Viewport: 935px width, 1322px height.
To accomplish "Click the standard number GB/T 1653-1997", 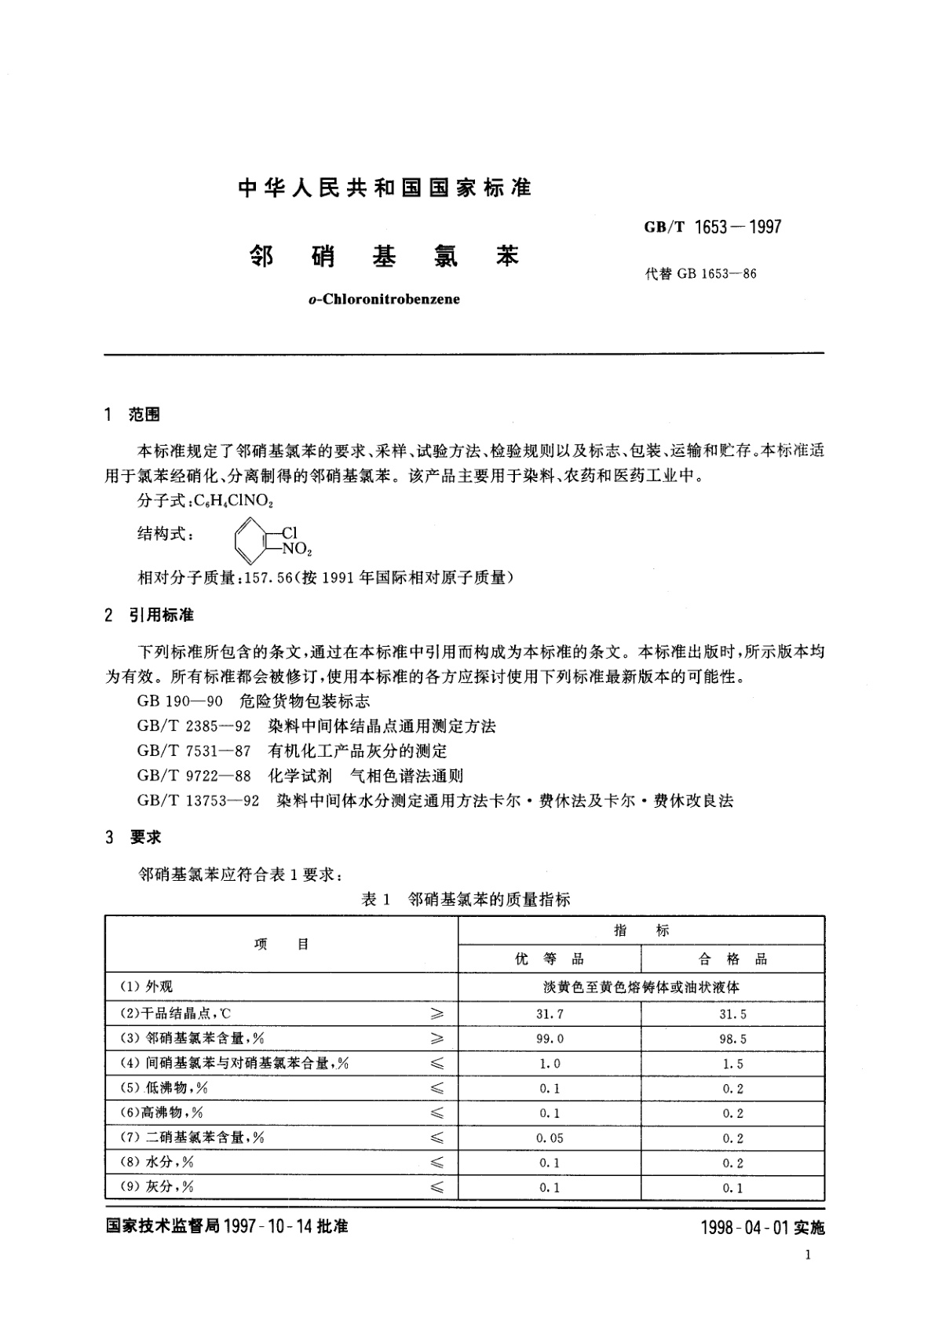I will point(712,227).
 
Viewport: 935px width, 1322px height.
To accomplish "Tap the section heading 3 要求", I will point(133,838).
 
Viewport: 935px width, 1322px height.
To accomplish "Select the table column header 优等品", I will point(549,959).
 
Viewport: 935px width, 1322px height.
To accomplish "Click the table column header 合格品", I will point(732,959).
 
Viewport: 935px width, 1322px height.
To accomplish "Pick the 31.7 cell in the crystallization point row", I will point(550,1014).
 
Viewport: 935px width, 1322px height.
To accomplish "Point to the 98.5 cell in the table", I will point(732,1039).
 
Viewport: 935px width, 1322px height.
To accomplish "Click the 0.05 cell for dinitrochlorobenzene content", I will point(550,1138).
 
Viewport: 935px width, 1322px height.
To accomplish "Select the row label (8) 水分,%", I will point(156,1162).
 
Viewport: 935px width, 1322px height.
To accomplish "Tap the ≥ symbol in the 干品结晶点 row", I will point(438,1014).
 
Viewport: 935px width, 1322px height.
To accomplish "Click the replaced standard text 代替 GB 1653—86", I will point(700,274).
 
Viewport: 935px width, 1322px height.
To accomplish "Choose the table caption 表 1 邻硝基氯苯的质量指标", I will point(465,900).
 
